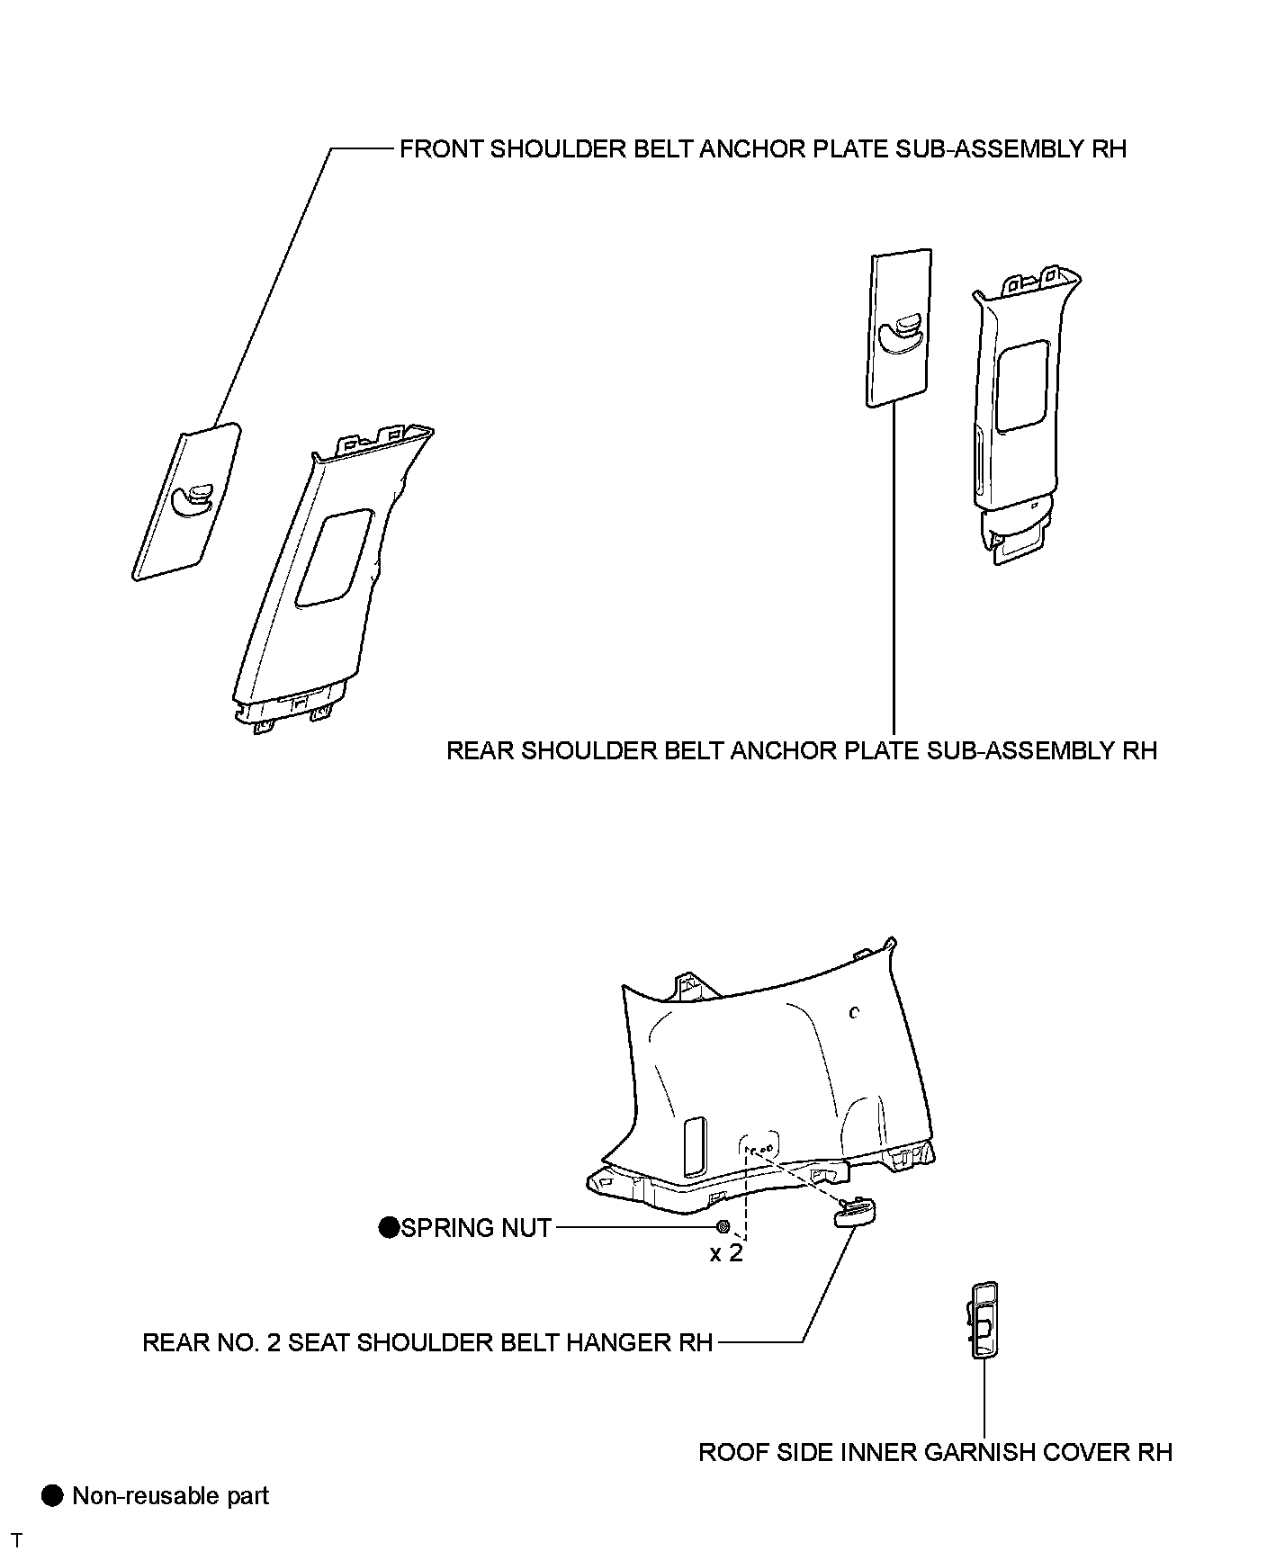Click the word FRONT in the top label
(440, 148)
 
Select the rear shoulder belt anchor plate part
(900, 328)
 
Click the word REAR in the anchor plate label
(481, 750)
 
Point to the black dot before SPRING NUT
(388, 1227)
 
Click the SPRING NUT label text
(475, 1228)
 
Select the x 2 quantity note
(726, 1253)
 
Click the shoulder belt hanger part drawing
(855, 1215)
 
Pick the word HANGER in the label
(632, 1343)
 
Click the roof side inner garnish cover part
(985, 1319)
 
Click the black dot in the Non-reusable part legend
(53, 1495)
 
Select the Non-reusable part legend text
(171, 1496)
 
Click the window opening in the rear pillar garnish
(1021, 385)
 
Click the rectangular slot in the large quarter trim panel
(696, 1146)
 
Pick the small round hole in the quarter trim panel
(855, 1012)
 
